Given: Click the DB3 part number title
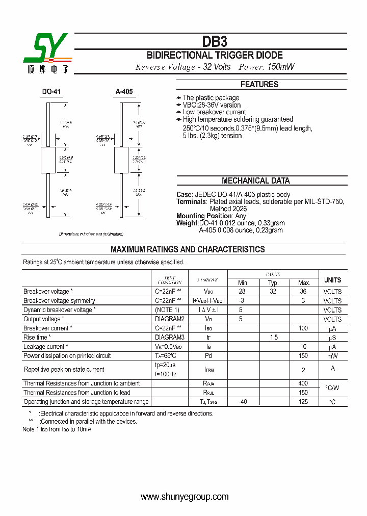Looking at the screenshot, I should pyautogui.click(x=215, y=41).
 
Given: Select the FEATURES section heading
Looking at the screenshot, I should pyautogui.click(x=259, y=85).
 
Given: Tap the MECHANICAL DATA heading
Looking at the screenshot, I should pyautogui.click(x=255, y=180).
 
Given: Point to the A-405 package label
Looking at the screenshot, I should pyautogui.click(x=124, y=92).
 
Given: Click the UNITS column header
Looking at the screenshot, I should pyautogui.click(x=332, y=280).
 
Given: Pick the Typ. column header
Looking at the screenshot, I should pyautogui.click(x=273, y=283).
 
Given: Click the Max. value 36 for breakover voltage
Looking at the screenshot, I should pyautogui.click(x=303, y=292).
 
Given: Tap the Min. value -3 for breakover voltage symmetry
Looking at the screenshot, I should pyautogui.click(x=243, y=301).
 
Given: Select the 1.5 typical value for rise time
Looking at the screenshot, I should pyautogui.click(x=273, y=338).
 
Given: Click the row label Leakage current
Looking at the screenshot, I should pyautogui.click(x=44, y=347).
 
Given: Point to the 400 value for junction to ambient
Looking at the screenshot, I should pyautogui.click(x=303, y=383).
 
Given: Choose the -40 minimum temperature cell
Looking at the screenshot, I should pyautogui.click(x=243, y=402).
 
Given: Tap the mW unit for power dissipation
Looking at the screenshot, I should pyautogui.click(x=332, y=356).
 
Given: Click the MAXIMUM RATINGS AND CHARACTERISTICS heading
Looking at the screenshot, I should pyautogui.click(x=188, y=249).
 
